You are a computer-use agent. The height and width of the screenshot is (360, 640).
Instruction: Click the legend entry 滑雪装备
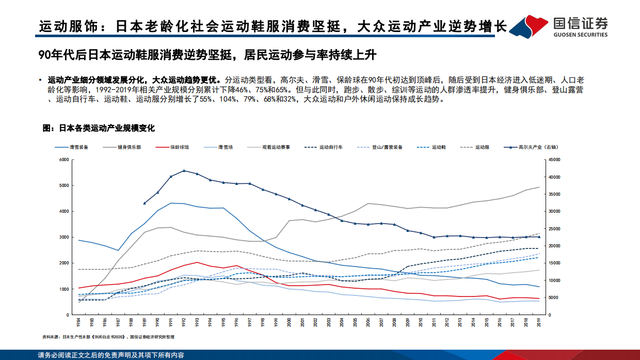pyautogui.click(x=79, y=147)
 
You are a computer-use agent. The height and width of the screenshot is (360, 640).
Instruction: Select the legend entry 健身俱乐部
pyautogui.click(x=129, y=147)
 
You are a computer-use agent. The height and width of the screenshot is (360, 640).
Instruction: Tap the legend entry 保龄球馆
pyautogui.click(x=179, y=147)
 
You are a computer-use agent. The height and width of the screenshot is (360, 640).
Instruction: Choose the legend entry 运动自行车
pyautogui.click(x=331, y=147)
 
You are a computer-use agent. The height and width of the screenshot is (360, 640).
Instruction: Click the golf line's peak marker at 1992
pyautogui.click(x=184, y=170)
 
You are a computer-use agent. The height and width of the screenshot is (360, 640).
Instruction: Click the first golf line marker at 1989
pyautogui.click(x=145, y=203)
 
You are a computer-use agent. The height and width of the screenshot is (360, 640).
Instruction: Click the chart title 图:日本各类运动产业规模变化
pyautogui.click(x=99, y=128)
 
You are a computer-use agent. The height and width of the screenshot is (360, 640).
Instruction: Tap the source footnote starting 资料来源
pyautogui.click(x=109, y=337)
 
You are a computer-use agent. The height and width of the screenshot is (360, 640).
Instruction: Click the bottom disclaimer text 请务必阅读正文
pyautogui.click(x=110, y=355)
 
